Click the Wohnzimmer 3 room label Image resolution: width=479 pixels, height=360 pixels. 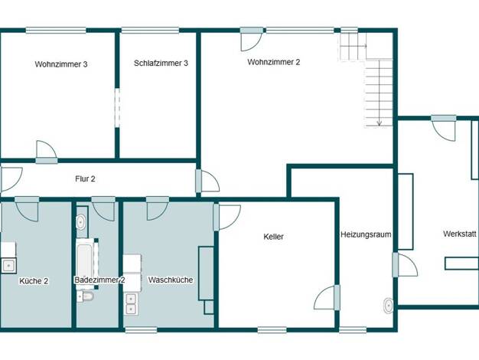click(x=61, y=64)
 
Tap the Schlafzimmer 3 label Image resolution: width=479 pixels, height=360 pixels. click(x=161, y=64)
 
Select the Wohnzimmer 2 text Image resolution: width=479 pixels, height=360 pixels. click(x=274, y=62)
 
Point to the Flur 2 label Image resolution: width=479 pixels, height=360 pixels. click(x=85, y=178)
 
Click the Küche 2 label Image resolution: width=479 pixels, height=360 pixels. click(x=34, y=281)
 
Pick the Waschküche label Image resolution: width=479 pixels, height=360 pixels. click(x=171, y=280)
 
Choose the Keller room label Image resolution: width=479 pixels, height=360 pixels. click(x=273, y=237)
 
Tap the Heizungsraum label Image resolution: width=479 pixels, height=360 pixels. click(x=366, y=234)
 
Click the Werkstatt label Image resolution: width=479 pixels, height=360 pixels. click(x=460, y=234)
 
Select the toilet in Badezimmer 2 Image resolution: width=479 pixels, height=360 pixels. click(x=85, y=296)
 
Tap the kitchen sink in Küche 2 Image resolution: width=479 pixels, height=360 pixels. click(x=8, y=266)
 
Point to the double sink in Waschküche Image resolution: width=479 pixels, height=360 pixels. click(x=131, y=304)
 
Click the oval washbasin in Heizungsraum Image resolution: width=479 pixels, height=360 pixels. click(x=388, y=306)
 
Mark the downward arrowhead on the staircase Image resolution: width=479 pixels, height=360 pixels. click(x=379, y=123)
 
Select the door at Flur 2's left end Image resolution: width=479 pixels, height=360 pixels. click(x=11, y=179)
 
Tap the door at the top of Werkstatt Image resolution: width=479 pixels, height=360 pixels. click(x=444, y=128)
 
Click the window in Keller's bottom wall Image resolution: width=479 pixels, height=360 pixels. click(x=272, y=329)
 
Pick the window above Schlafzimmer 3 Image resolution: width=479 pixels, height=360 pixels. click(x=150, y=31)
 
